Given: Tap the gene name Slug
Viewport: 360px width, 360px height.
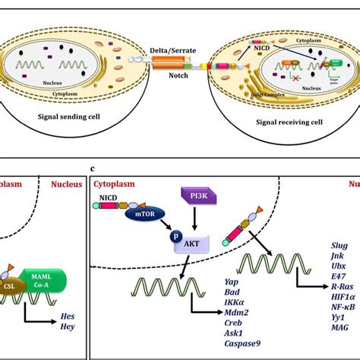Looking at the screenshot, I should pos(340,245).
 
